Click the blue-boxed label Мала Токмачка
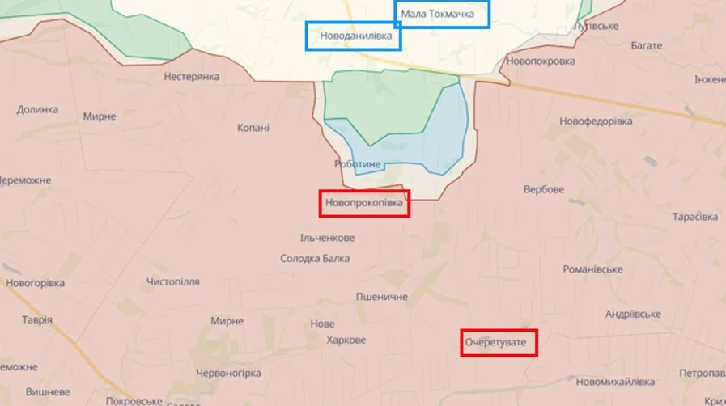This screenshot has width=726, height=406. point(442,15)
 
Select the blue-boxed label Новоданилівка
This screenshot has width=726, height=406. point(354,36)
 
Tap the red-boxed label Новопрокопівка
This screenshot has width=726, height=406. point(364,203)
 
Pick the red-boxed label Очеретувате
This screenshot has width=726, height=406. point(499,343)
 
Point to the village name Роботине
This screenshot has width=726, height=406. point(357,164)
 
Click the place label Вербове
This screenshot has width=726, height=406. point(544,189)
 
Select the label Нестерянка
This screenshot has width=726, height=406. point(192,77)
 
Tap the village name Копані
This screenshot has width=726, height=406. point(253,128)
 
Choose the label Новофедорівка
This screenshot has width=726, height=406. point(596,121)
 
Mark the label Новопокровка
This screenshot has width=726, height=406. point(541,61)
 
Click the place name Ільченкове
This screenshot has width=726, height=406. point(327,238)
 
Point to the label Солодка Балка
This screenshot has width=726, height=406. point(315,259)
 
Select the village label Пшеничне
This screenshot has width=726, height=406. point(382,297)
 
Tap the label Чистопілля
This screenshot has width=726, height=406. point(173,281)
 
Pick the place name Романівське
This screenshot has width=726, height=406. point(593,269)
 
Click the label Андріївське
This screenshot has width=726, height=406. point(633,314)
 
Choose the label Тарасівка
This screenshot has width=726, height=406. point(694,217)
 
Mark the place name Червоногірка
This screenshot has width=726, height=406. point(228,373)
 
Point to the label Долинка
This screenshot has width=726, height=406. point(37,109)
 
